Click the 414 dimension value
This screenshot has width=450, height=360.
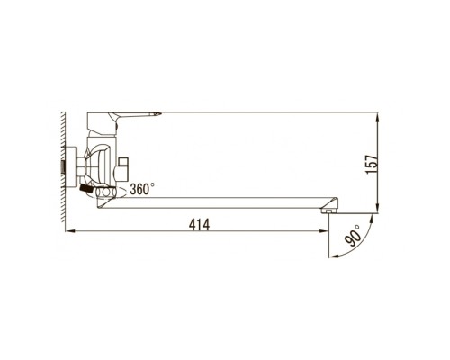(199, 225)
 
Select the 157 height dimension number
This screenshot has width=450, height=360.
(372, 164)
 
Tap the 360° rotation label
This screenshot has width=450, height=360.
(142, 189)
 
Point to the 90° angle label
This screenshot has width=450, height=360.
(353, 236)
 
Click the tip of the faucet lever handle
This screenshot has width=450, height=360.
(161, 113)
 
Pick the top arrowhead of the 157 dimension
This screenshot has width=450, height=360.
(378, 117)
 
